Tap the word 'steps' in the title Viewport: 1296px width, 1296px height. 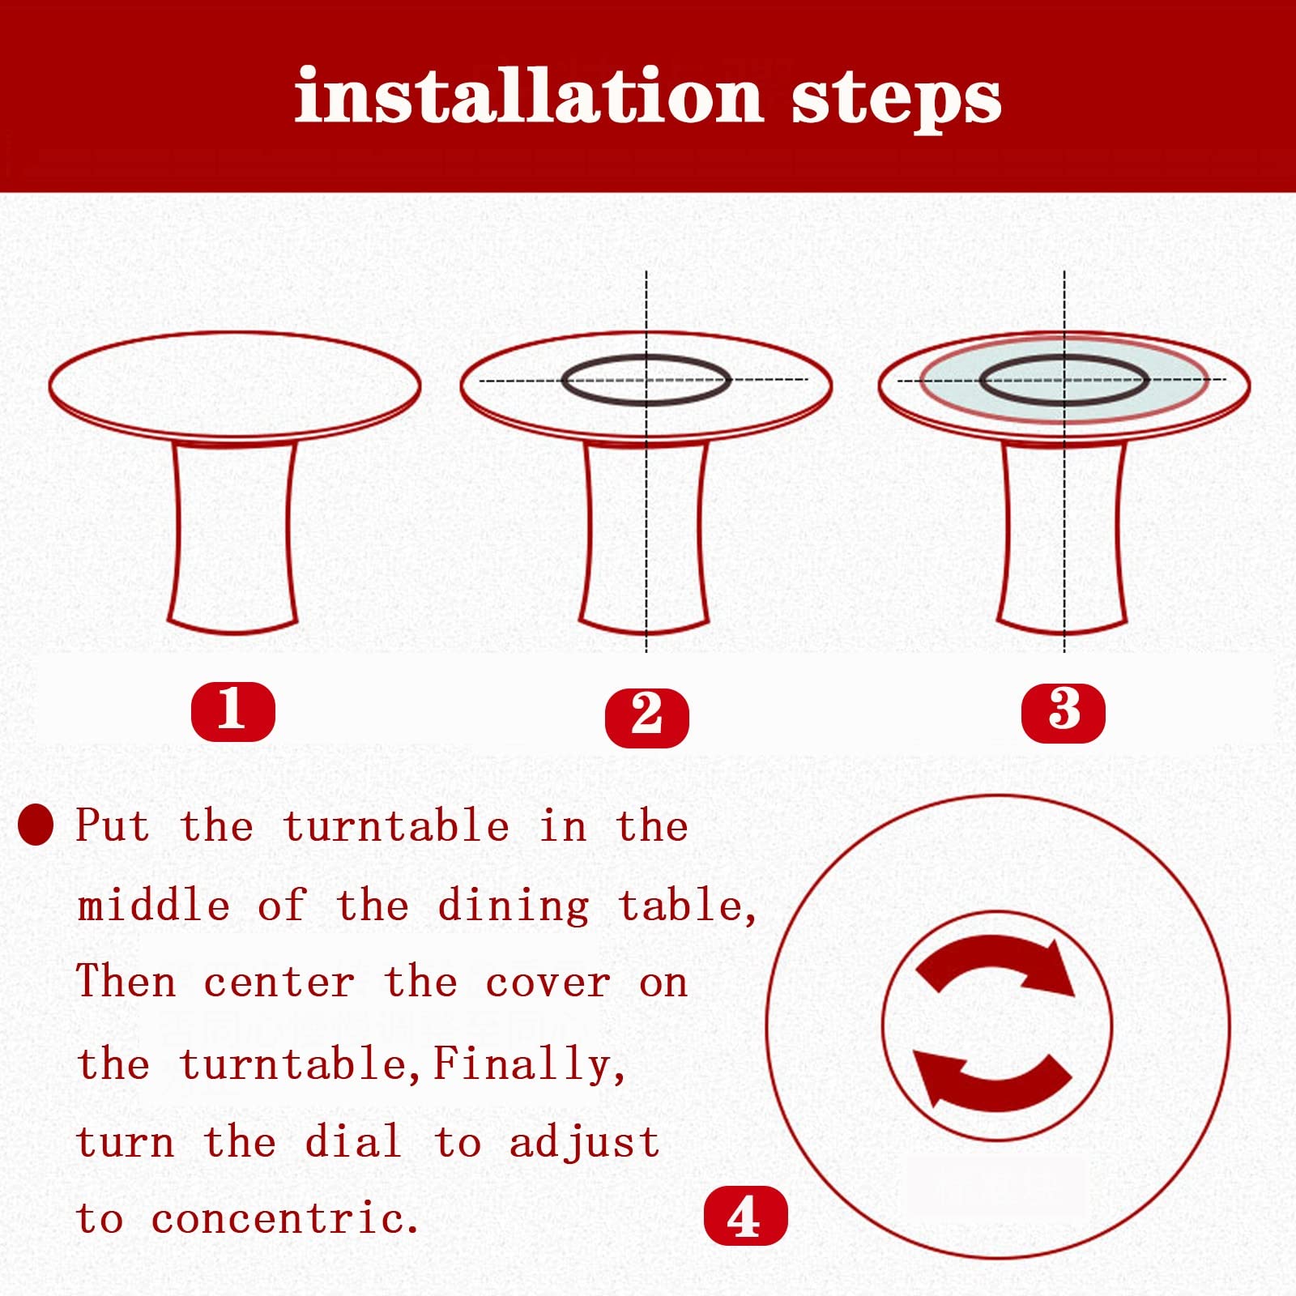pos(897,100)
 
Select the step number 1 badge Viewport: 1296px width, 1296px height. pos(233,711)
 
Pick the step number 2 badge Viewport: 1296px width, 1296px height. pos(647,717)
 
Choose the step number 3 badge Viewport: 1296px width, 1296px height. pos(1064,713)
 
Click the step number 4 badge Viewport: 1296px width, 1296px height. pos(746,1215)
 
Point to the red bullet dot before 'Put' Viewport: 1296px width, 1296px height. pos(36,825)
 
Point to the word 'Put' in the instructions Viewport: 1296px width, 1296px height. pos(113,825)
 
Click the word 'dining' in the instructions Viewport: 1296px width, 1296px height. pos(514,906)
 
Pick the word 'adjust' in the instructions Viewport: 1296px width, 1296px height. pos(584,1143)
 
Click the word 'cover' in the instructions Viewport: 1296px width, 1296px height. pos(548,983)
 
